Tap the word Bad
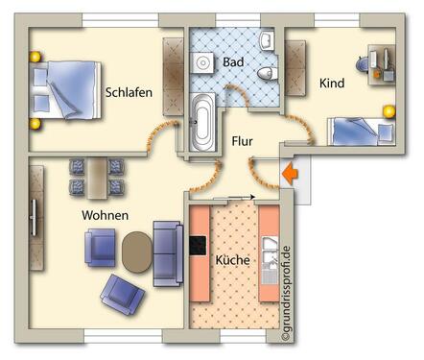[x=233, y=61]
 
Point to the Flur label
[x=243, y=141]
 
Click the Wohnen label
[x=106, y=215]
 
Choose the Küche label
[x=233, y=260]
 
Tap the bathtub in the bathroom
[x=203, y=123]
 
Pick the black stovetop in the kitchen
[x=200, y=252]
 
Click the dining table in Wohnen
[x=96, y=175]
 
